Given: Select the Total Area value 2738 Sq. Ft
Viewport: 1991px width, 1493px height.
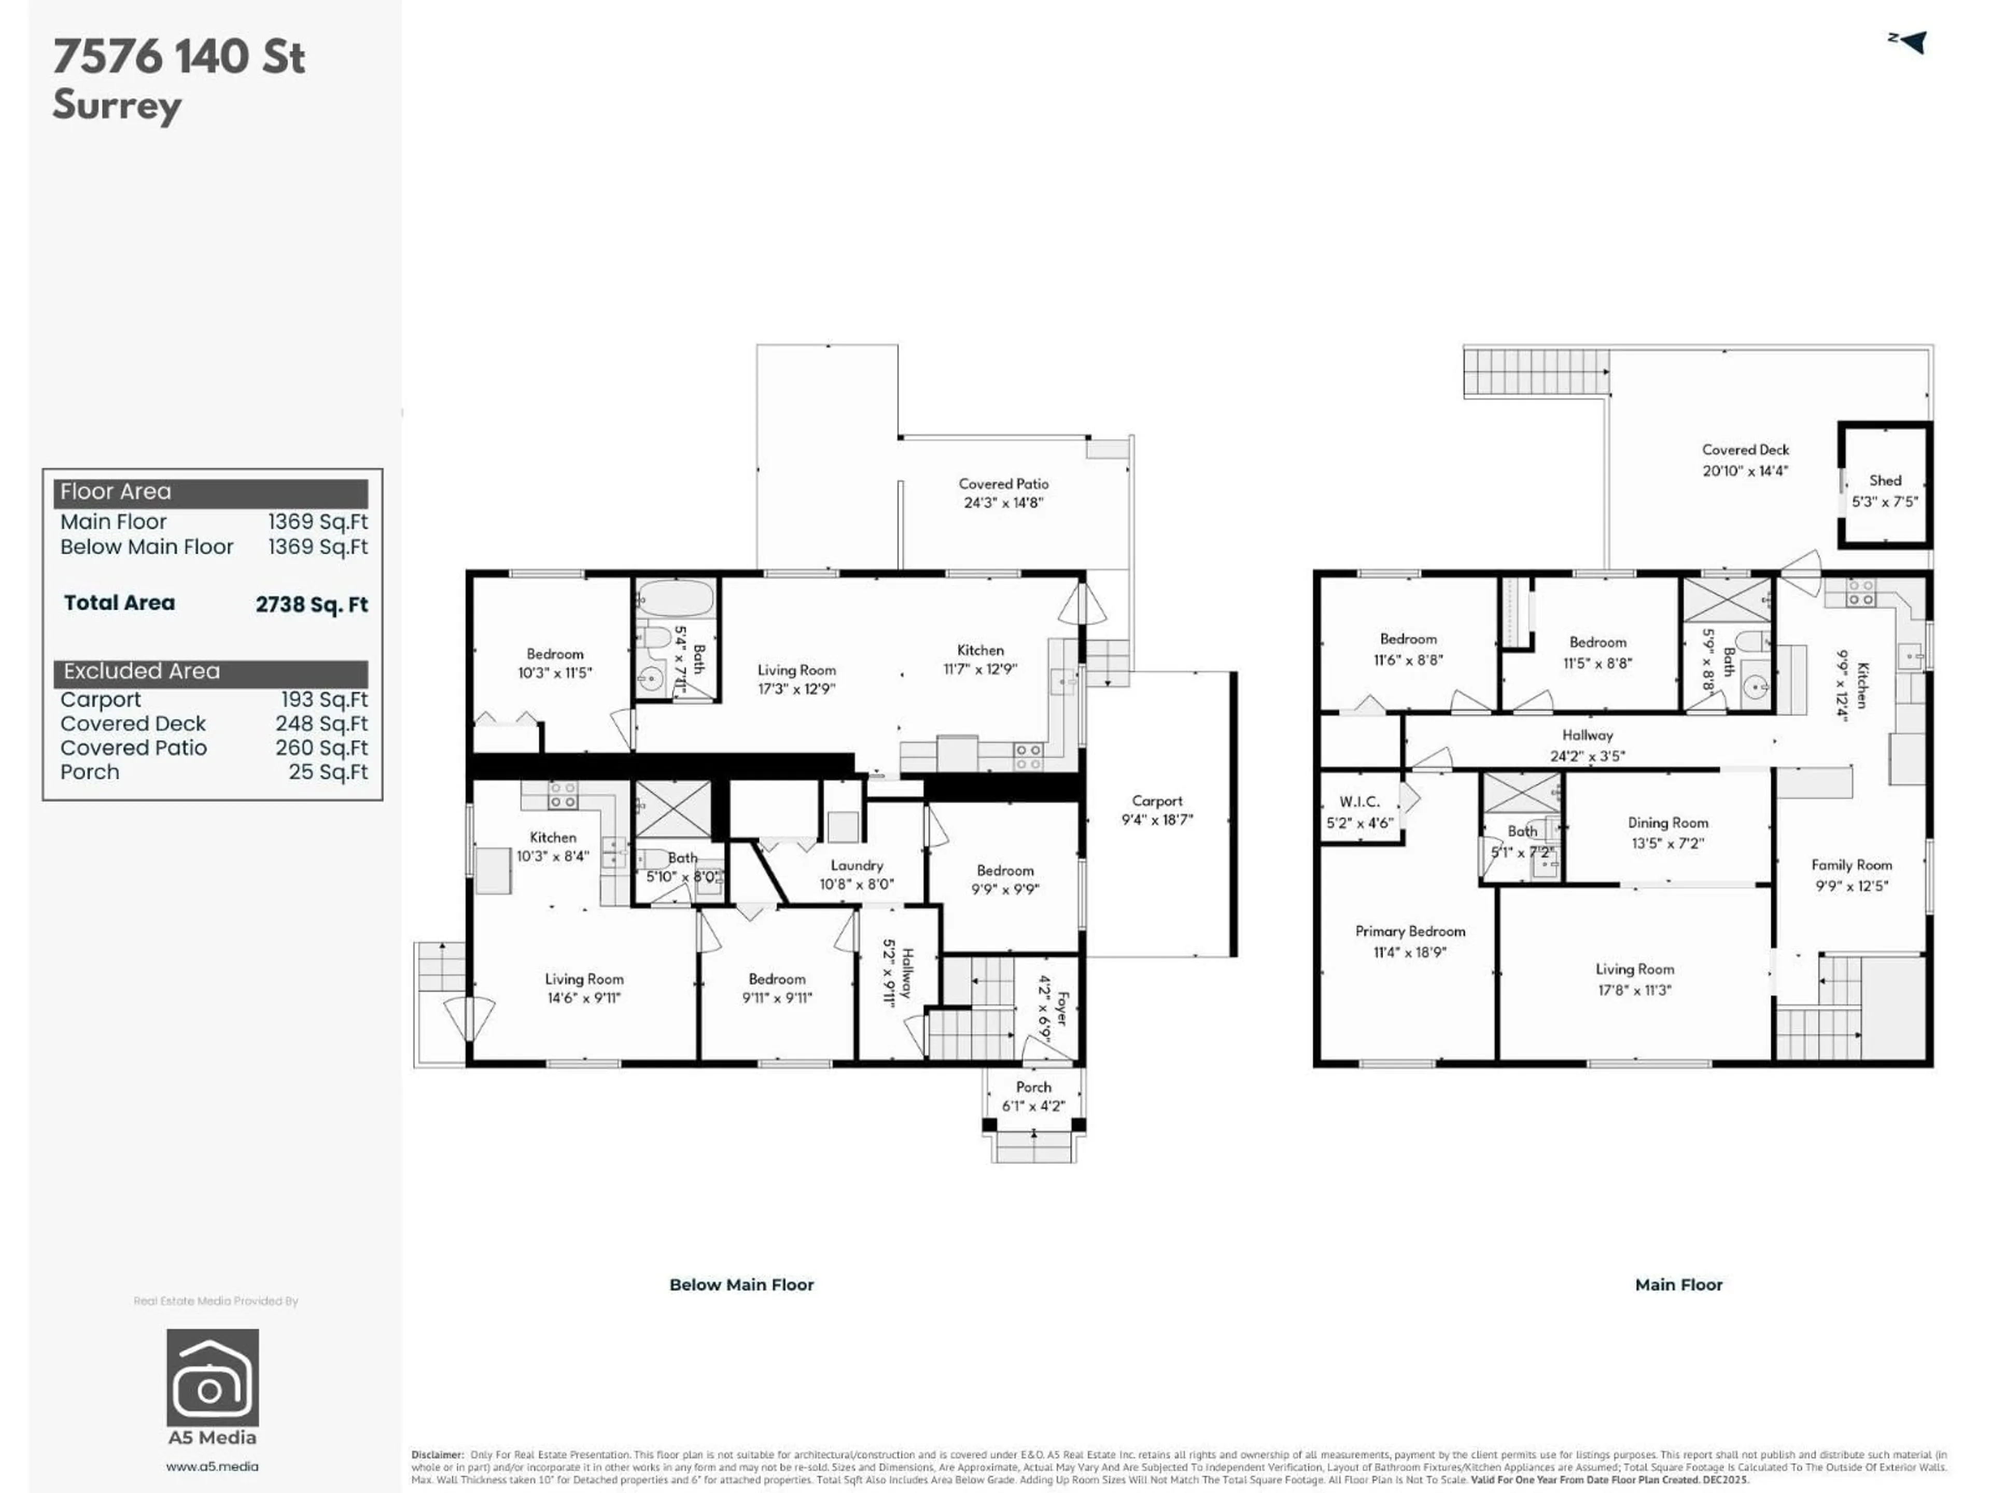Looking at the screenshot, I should coord(312,604).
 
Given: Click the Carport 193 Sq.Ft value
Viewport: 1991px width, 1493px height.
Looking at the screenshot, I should coord(324,699).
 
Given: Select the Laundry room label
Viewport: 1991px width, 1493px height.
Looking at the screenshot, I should coord(856,865).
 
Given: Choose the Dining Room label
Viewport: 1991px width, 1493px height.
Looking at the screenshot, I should coord(1667,823).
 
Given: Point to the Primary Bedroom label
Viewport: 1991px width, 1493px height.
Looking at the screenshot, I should coord(1410,932).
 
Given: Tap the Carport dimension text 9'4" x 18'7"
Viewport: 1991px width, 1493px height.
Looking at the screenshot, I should coord(1157,820).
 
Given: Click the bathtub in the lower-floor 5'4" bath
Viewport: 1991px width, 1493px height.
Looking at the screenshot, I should coord(675,598).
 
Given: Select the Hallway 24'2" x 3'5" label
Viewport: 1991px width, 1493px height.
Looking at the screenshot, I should coord(1587,745).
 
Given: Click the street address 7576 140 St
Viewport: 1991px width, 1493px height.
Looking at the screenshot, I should coord(179,57).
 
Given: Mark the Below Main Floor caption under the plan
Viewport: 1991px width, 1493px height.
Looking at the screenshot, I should coord(741,1284).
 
